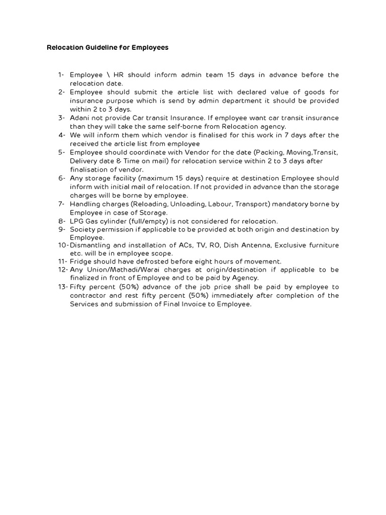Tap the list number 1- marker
tap(61, 75)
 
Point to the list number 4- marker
tap(61, 135)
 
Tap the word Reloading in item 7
tap(153, 204)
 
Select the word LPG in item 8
tap(76, 221)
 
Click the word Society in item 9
tap(82, 230)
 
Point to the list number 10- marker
tap(63, 245)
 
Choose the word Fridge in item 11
tap(80, 262)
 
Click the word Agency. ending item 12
tap(247, 278)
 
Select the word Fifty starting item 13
tap(78, 287)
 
